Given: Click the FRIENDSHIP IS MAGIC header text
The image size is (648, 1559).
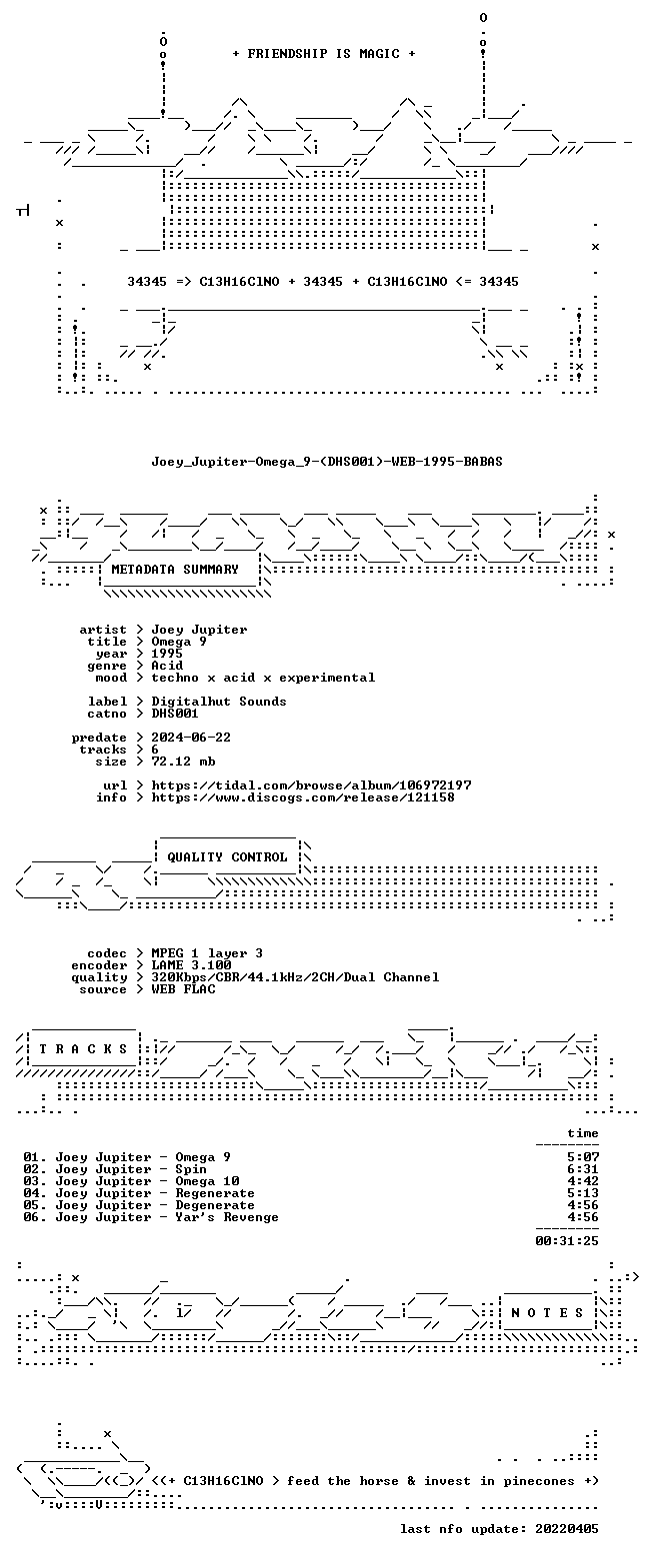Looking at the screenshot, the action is (x=324, y=54).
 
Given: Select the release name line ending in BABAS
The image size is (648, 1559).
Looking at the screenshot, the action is (x=327, y=462).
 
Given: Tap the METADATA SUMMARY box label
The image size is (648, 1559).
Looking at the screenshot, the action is (x=175, y=570).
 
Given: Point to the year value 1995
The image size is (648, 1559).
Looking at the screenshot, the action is (x=167, y=654).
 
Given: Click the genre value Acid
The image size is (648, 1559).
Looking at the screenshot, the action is (x=167, y=666).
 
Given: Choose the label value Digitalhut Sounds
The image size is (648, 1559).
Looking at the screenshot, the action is (x=219, y=702).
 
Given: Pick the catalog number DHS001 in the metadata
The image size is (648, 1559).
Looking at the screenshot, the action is (x=175, y=714).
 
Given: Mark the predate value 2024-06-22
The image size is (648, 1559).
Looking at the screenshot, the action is (x=191, y=738).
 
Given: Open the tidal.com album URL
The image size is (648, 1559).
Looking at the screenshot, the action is (x=311, y=785).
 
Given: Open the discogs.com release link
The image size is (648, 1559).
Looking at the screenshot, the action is (x=303, y=797).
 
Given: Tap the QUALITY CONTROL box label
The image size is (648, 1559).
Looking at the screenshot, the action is (x=227, y=857).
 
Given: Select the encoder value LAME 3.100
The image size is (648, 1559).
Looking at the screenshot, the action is (x=191, y=965).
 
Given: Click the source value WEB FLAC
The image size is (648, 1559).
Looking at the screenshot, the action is (x=183, y=989).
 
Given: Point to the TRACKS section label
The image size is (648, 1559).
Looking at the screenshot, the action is (x=84, y=1049).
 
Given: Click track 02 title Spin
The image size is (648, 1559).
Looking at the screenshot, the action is (x=191, y=1169).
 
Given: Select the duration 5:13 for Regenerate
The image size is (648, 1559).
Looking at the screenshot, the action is (x=583, y=1193).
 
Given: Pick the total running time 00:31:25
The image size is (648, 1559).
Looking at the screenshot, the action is (x=566, y=1241).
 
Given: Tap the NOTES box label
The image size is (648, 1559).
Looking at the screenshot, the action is (x=547, y=1312).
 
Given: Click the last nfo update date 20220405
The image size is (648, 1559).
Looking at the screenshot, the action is (x=566, y=1529).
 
